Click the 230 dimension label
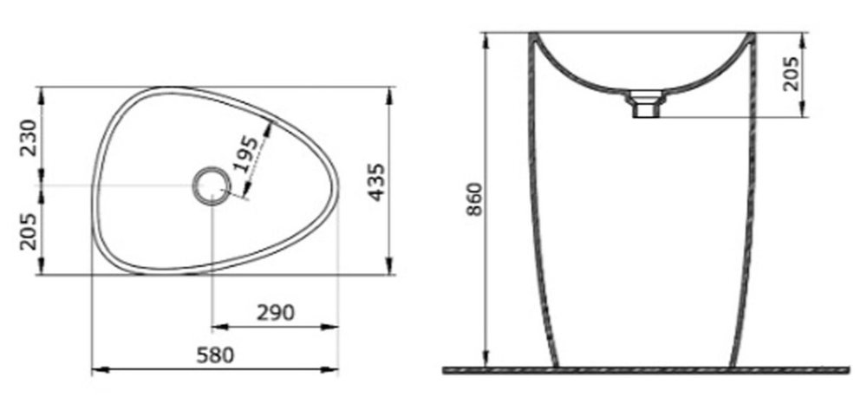click(29, 138)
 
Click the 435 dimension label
click(376, 182)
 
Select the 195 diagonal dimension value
click(245, 154)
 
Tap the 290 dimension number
click(276, 313)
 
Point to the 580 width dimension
click(215, 355)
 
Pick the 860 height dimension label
click(474, 199)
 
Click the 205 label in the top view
click(29, 231)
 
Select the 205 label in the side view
click(792, 74)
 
